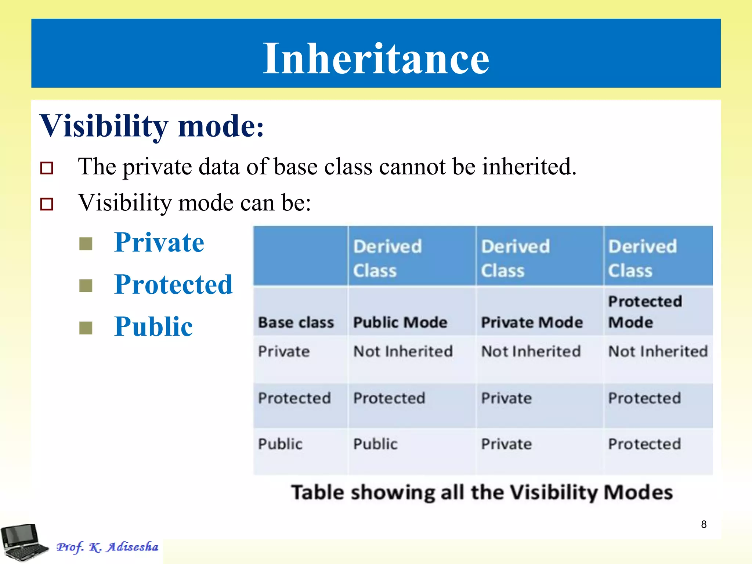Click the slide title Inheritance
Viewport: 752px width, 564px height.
pyautogui.click(x=376, y=58)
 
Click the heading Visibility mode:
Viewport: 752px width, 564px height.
pyautogui.click(x=151, y=126)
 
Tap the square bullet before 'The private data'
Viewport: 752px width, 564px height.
pyautogui.click(x=47, y=168)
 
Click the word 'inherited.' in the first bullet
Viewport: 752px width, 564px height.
pyautogui.click(x=529, y=167)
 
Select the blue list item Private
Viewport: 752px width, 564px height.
pyautogui.click(x=159, y=243)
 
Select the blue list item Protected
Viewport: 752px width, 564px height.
pyautogui.click(x=173, y=285)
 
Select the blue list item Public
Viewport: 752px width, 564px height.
pyautogui.click(x=153, y=326)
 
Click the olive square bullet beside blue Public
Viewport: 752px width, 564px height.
pyautogui.click(x=86, y=328)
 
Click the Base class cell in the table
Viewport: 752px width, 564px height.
pyautogui.click(x=296, y=322)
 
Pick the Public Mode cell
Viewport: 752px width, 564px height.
pyautogui.click(x=400, y=322)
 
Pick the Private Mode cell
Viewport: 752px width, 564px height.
pyautogui.click(x=532, y=322)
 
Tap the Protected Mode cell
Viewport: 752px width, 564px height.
pyautogui.click(x=645, y=311)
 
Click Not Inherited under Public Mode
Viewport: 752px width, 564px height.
pyautogui.click(x=403, y=351)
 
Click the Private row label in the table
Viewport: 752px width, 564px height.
pyautogui.click(x=284, y=351)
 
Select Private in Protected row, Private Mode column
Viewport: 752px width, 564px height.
pyautogui.click(x=506, y=398)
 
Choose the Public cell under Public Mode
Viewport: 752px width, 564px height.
pyautogui.click(x=375, y=444)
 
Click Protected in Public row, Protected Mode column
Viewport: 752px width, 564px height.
pyautogui.click(x=644, y=444)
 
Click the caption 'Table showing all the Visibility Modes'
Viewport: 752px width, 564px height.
pyautogui.click(x=482, y=492)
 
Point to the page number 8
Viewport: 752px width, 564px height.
pyautogui.click(x=704, y=524)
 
